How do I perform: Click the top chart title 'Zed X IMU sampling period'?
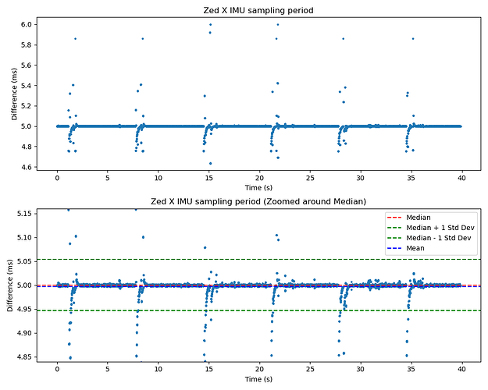tap(259, 9)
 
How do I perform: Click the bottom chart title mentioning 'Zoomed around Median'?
tap(259, 202)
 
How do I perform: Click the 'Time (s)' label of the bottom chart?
tap(259, 379)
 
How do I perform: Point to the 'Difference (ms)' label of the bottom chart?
tap(10, 285)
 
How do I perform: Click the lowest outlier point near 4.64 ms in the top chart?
tap(210, 163)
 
